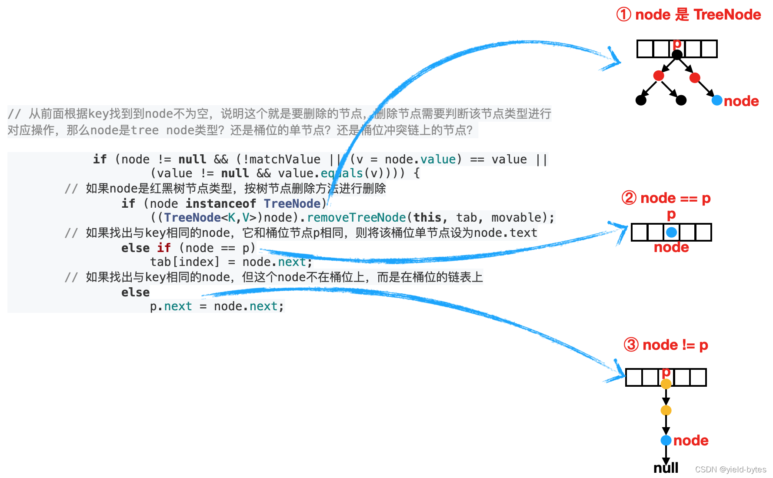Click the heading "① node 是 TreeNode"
688,15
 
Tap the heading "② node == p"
666,198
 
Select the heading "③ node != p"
666,345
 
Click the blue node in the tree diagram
717,100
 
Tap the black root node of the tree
677,55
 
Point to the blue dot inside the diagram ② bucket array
671,232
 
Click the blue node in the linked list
666,440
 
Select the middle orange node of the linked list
666,410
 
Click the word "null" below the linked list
666,468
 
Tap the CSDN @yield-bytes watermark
730,469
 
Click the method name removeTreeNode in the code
357,217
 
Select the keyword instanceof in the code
221,203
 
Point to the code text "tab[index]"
185,262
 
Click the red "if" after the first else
164,248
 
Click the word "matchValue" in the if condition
285,159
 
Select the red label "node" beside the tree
741,101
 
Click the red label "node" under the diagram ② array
671,247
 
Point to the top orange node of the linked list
666,384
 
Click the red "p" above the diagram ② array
671,214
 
